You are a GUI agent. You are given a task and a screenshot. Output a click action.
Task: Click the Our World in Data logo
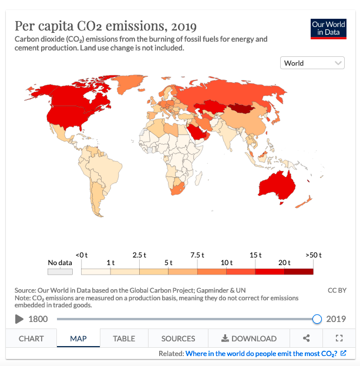click(x=329, y=29)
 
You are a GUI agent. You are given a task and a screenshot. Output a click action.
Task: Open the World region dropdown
click(x=312, y=63)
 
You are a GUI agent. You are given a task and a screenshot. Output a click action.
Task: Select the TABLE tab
click(x=124, y=338)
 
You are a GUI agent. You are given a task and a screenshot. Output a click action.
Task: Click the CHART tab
click(x=31, y=338)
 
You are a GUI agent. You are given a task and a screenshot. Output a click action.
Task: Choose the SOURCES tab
click(x=178, y=338)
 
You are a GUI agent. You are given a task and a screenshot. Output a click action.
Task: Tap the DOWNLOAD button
click(x=248, y=338)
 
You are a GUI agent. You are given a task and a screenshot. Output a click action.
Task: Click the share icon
click(x=306, y=338)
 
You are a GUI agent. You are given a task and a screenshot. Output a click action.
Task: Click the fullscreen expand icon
click(x=338, y=338)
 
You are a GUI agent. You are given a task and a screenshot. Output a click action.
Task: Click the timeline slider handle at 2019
click(x=317, y=319)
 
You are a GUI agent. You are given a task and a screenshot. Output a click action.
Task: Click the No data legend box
click(x=60, y=272)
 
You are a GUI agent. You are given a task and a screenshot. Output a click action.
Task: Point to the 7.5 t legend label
click(x=197, y=255)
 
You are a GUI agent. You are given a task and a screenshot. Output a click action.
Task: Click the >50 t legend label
click(x=314, y=255)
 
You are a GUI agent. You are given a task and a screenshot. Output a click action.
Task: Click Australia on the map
click(x=278, y=182)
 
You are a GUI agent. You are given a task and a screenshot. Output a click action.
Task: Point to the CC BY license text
click(x=337, y=290)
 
